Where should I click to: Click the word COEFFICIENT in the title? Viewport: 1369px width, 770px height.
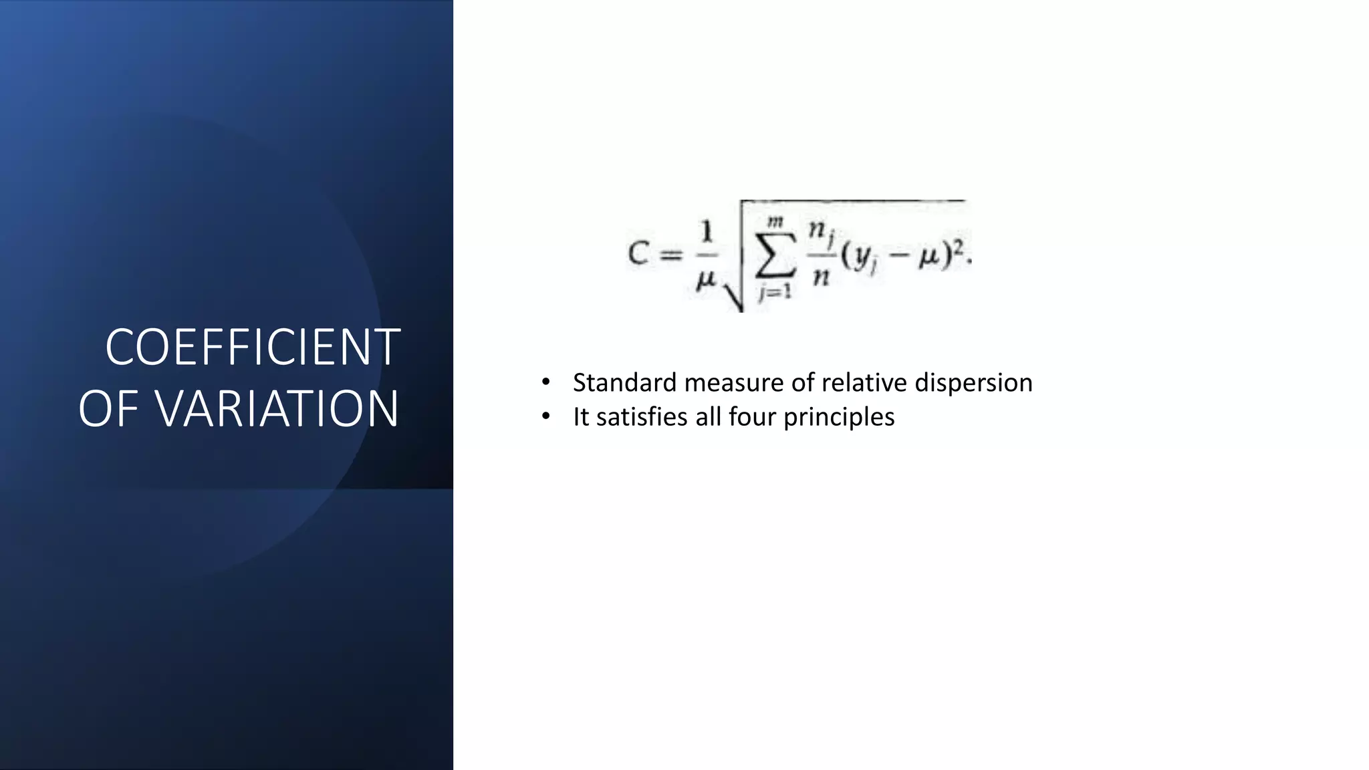[253, 348]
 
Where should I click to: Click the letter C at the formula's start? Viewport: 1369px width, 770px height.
[638, 254]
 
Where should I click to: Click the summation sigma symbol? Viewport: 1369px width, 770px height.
[775, 255]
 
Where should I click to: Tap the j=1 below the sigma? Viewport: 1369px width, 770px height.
[775, 292]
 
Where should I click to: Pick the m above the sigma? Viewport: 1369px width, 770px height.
[775, 221]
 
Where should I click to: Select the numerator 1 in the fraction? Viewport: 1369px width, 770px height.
[707, 233]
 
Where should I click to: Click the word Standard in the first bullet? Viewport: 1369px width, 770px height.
[624, 383]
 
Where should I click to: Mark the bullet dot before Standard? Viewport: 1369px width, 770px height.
[546, 382]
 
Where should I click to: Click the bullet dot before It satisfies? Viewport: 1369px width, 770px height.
[546, 416]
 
